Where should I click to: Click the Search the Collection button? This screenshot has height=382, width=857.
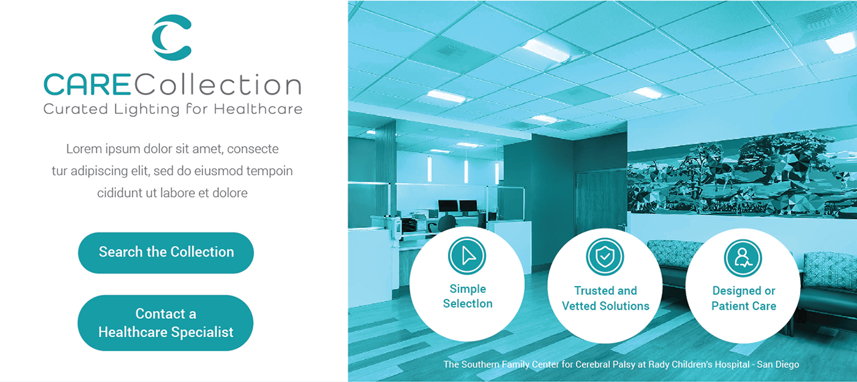165,253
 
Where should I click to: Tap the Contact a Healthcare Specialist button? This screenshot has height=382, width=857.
165,322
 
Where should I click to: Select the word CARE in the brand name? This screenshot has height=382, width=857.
88,84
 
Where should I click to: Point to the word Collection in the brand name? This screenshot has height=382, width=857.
218,84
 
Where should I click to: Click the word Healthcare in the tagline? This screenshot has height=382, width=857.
258,109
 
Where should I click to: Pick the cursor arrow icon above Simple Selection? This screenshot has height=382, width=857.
467,256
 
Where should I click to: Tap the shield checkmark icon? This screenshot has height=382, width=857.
605,257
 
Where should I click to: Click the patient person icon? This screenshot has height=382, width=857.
743,257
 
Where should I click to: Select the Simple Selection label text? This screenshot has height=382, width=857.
467,296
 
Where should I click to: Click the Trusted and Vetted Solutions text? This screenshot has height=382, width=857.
606,298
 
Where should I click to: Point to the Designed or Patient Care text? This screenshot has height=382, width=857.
744,298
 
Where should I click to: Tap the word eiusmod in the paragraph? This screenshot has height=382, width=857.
218,171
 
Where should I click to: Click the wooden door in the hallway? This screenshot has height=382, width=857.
601,203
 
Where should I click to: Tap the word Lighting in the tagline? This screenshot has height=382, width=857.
147,109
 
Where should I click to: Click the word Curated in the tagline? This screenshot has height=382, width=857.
76,109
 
